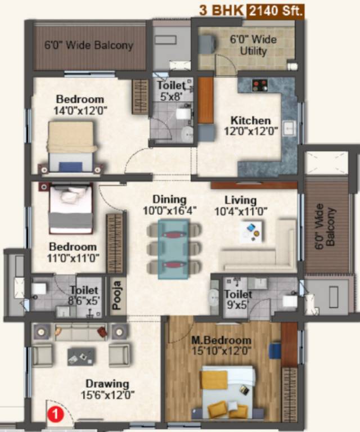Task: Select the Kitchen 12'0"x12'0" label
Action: tap(250, 126)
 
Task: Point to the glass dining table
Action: tap(174, 248)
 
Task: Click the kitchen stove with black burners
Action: tap(259, 85)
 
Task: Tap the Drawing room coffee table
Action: tap(81, 355)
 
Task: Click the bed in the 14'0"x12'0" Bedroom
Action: tap(71, 146)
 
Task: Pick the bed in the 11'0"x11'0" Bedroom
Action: tap(70, 208)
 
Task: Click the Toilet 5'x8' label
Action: tap(171, 91)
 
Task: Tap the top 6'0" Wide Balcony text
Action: tap(89, 45)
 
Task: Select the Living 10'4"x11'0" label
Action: tap(241, 206)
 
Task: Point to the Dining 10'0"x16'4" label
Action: tap(169, 205)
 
